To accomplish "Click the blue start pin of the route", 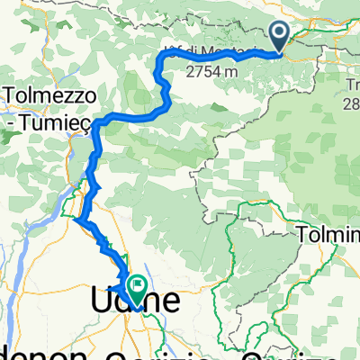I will [x=280, y=37].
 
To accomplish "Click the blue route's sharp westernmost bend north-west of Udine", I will [x=80, y=219].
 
